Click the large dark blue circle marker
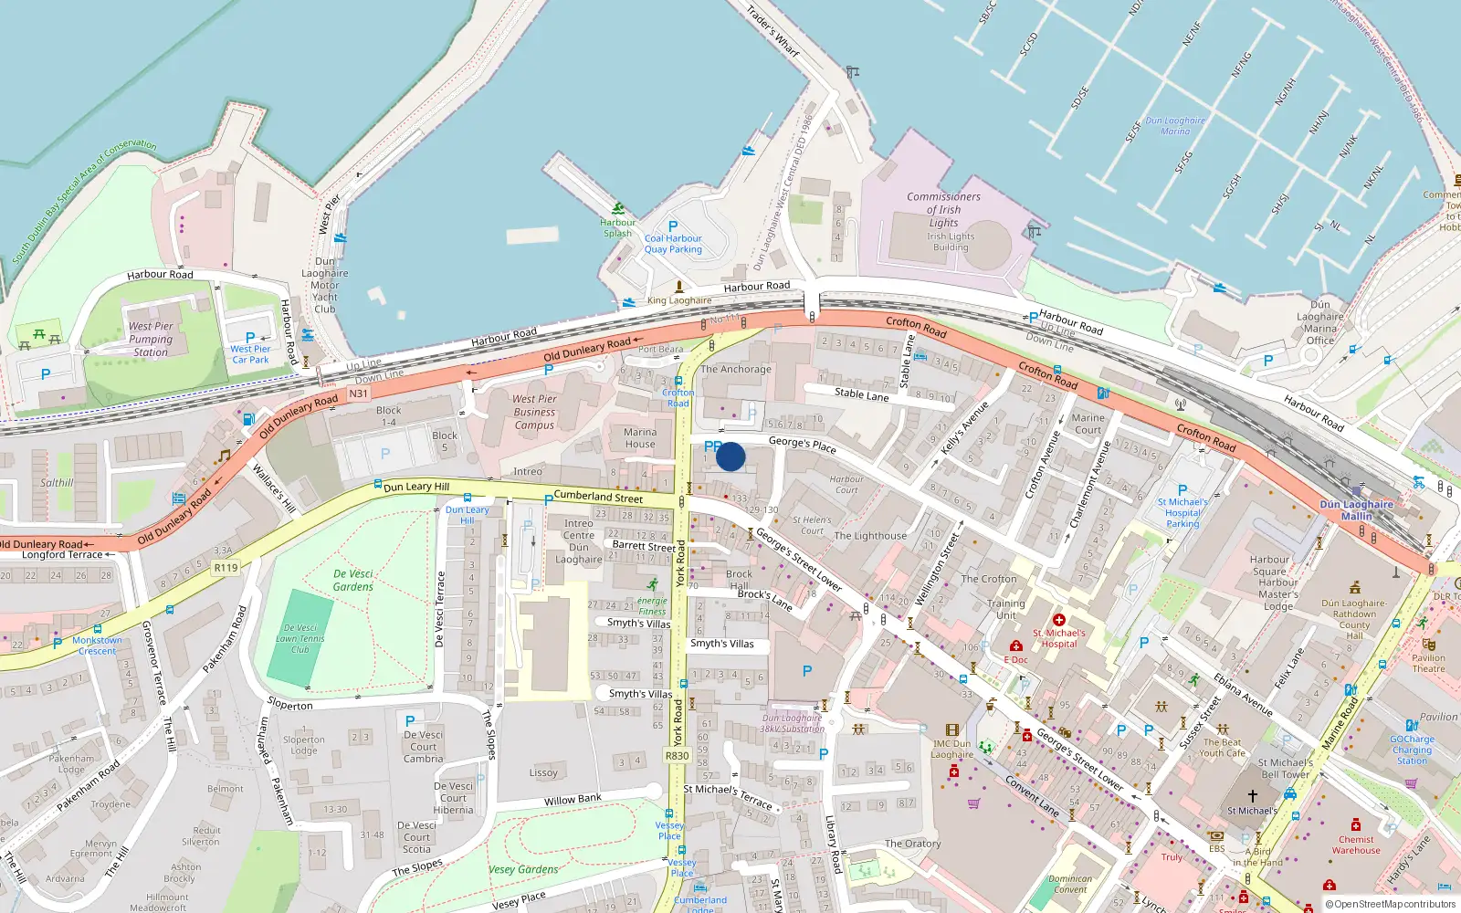(730, 456)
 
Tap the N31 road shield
(358, 394)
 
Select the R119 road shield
(226, 568)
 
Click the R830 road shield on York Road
(677, 756)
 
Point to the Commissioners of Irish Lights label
(944, 209)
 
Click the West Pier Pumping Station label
(151, 339)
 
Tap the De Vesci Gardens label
(353, 580)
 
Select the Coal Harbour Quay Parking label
(673, 244)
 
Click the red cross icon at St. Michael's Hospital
(1059, 621)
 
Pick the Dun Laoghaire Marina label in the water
(1175, 126)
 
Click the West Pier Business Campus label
(534, 412)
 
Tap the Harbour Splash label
(617, 227)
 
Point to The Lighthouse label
(870, 536)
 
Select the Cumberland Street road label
(598, 497)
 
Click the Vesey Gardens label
(523, 869)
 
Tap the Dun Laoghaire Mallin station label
(1356, 510)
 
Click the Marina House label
(640, 438)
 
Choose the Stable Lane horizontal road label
(861, 395)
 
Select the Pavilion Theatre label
(1428, 663)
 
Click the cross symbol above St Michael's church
(1252, 796)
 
